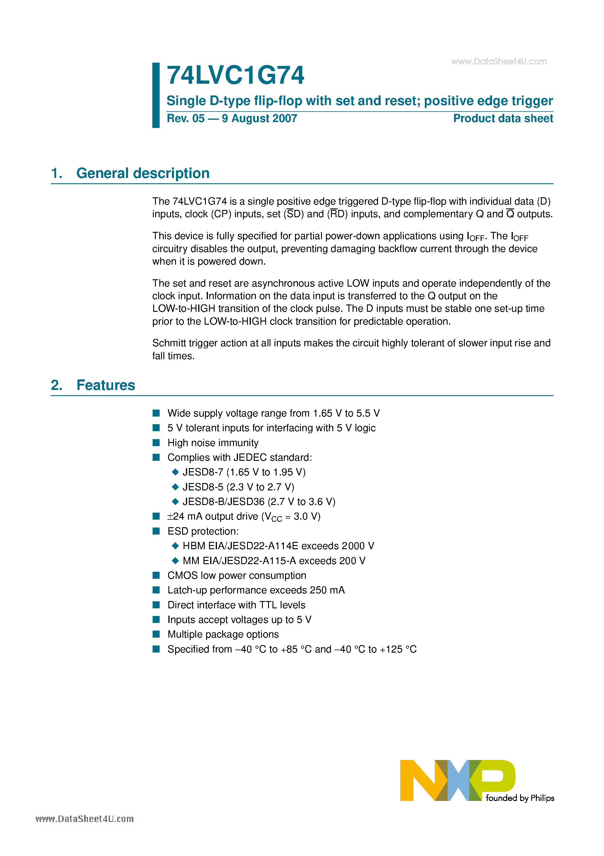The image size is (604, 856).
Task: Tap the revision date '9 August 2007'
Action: (259, 119)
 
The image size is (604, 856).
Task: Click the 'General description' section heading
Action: (143, 173)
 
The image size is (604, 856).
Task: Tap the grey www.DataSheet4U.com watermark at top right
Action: (499, 61)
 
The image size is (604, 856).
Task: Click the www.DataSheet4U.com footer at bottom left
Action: (84, 819)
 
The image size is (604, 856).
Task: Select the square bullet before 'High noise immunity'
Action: (156, 443)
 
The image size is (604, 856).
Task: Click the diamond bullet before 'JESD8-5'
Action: (175, 487)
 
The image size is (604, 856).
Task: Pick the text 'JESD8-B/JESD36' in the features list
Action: (223, 502)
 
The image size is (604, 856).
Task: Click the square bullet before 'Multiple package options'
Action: (156, 634)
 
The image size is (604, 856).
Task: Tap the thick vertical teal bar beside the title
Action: (156, 95)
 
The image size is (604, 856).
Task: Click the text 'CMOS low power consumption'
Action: (237, 576)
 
